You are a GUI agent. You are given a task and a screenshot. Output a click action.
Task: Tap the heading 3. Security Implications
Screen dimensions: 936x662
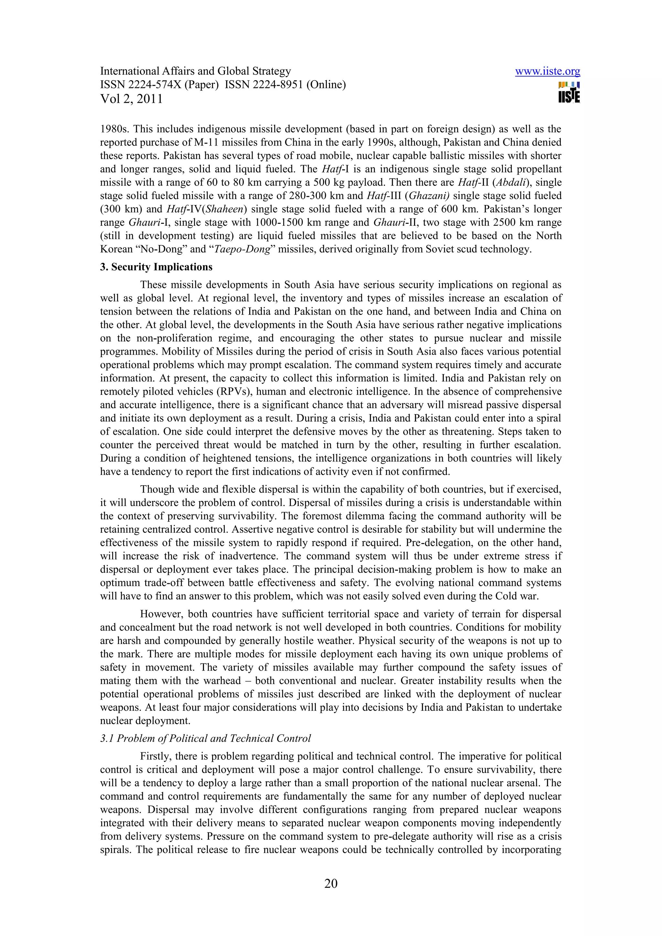(x=156, y=267)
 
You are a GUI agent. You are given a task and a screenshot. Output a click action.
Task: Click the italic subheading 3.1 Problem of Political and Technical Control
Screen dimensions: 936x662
(x=206, y=738)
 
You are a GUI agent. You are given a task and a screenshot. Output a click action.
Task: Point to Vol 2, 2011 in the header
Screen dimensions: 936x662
(x=131, y=99)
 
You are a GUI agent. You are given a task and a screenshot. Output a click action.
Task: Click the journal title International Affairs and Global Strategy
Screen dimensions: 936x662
(x=195, y=71)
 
